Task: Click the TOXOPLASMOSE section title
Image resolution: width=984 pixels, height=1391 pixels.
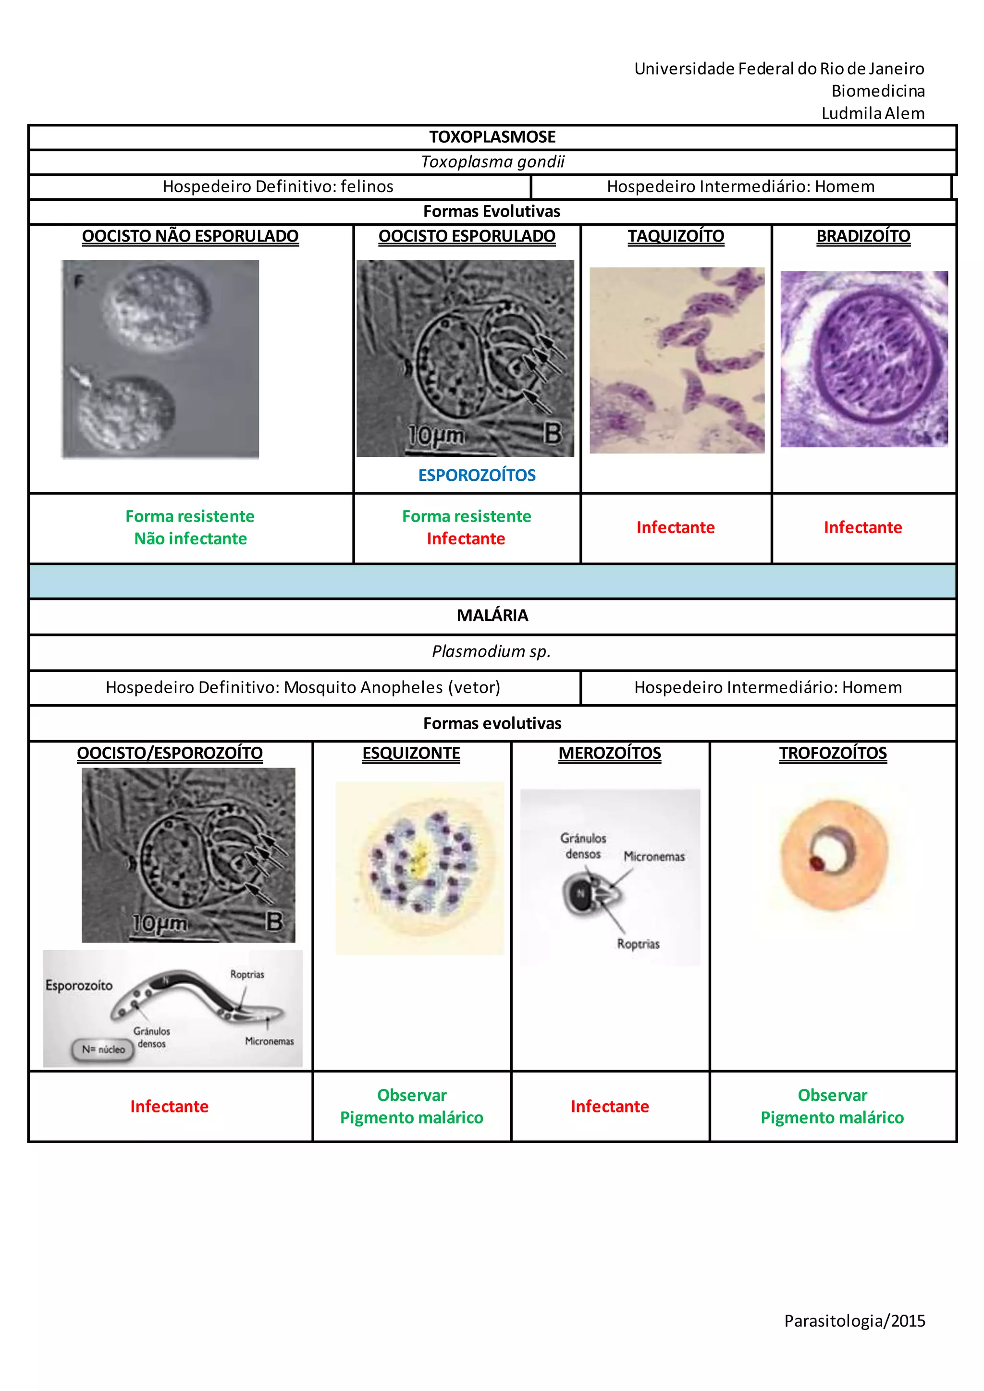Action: (492, 137)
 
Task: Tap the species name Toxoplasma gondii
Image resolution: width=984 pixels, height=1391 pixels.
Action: (492, 162)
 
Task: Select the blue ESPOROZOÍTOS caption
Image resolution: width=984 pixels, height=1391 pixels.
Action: (477, 475)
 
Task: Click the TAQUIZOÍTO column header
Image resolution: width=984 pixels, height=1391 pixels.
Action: (676, 236)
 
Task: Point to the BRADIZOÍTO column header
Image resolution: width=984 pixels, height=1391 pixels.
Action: (863, 236)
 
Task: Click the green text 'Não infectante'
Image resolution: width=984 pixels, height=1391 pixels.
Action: (190, 538)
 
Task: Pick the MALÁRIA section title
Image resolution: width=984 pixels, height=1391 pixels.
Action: (492, 616)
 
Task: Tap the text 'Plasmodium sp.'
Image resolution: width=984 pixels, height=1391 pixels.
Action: (491, 651)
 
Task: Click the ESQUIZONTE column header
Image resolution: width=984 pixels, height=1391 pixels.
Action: (411, 753)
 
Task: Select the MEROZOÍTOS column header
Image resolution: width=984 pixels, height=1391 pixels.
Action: (610, 753)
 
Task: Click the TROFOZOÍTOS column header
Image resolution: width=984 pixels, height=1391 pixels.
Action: (833, 753)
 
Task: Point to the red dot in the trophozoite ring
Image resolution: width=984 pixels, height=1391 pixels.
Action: (817, 862)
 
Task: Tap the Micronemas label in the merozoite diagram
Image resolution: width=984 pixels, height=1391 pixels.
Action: (654, 856)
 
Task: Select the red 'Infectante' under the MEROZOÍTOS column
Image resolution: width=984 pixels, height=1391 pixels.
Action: (610, 1106)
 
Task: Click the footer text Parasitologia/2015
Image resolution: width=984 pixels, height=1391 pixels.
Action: (854, 1321)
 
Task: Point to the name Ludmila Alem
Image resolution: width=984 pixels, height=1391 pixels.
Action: (873, 113)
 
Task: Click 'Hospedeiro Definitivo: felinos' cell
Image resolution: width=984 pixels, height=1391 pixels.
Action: (278, 186)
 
